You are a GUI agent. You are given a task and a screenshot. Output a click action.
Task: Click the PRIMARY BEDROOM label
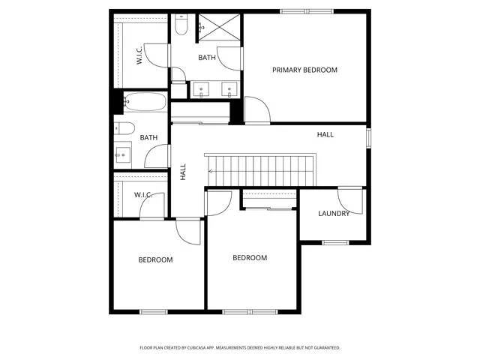tap(304, 70)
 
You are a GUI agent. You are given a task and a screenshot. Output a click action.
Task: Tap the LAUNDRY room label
tap(334, 213)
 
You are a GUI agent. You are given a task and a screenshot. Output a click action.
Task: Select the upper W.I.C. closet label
tap(139, 56)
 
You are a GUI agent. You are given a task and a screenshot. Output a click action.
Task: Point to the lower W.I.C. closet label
tap(143, 195)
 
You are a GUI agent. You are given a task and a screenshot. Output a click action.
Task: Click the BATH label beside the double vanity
tap(207, 58)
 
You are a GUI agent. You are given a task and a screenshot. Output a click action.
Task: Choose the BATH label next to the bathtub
tap(148, 137)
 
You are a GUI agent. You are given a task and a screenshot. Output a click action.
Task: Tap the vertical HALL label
tap(183, 172)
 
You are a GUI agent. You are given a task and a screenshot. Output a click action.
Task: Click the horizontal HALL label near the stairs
tap(325, 134)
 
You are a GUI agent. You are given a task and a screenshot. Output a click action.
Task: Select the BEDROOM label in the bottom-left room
tap(155, 259)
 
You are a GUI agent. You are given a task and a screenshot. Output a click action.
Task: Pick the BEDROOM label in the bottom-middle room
tap(250, 257)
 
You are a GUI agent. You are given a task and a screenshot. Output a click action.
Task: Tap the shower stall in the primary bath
tap(220, 27)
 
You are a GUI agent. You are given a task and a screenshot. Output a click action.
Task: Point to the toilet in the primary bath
tap(181, 26)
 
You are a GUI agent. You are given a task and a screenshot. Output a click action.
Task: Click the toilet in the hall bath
tap(124, 127)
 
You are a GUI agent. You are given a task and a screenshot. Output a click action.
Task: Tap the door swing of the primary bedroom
tap(257, 111)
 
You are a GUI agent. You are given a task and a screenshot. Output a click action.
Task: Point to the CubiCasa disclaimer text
tap(240, 348)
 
